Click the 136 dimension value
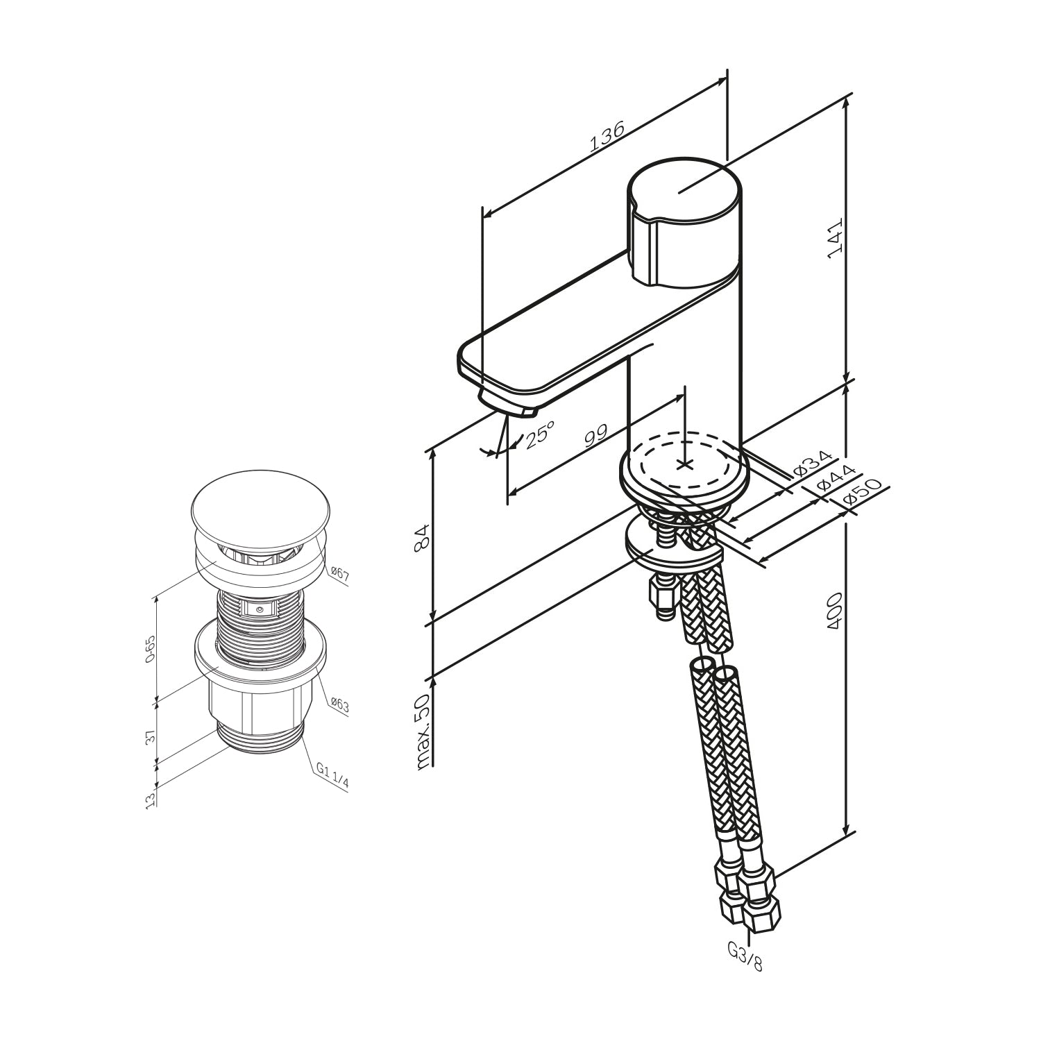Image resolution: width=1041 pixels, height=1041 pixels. (x=608, y=136)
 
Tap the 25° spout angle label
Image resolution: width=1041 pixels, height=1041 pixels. (x=539, y=434)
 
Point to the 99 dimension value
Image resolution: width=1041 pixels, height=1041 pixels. (x=595, y=437)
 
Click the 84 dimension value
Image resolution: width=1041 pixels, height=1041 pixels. (x=422, y=539)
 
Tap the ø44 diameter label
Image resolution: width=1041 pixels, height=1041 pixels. (x=833, y=477)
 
